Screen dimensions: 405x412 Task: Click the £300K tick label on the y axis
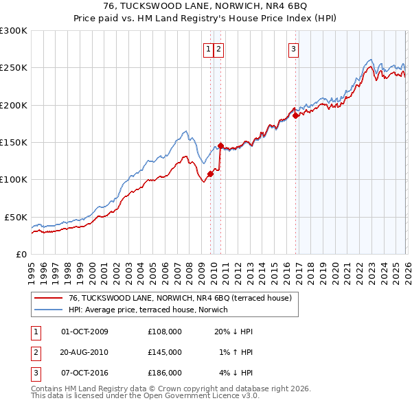(x=14, y=31)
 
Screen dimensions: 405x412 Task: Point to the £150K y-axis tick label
(x=14, y=142)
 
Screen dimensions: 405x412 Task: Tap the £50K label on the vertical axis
(x=16, y=217)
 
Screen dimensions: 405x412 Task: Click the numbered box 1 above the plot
(x=207, y=49)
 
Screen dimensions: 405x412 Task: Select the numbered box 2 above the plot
(x=218, y=49)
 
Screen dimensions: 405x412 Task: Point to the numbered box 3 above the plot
(x=293, y=49)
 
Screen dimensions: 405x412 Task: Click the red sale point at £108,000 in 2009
(x=210, y=174)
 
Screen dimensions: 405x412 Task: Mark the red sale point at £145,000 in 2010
(x=220, y=146)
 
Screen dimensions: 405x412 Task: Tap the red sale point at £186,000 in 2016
(x=295, y=115)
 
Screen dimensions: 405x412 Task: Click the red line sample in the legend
(x=48, y=298)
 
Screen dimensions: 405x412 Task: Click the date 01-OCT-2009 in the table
(x=84, y=332)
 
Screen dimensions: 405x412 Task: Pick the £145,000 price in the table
(x=165, y=352)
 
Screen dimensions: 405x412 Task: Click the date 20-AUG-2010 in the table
(x=84, y=352)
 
